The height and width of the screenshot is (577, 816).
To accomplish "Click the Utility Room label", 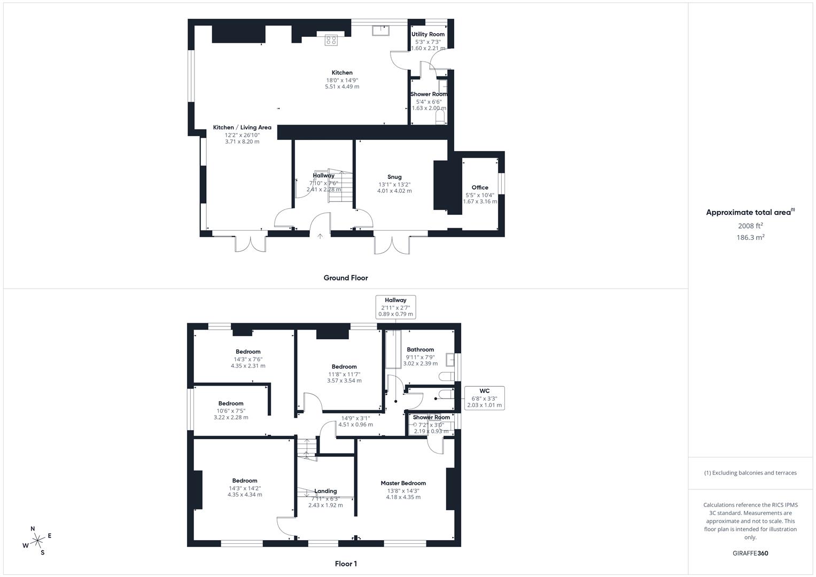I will (x=428, y=34).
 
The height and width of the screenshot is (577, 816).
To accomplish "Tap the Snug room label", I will (x=394, y=177).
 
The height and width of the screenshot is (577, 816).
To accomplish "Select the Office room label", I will (x=480, y=188).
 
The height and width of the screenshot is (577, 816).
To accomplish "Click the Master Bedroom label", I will (x=403, y=483).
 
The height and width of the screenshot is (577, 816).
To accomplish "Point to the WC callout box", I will (x=484, y=398).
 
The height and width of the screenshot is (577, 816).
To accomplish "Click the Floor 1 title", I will (x=346, y=564).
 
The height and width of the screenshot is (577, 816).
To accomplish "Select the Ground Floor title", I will (x=346, y=278).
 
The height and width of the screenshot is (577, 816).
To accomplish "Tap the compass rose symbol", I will (x=37, y=541).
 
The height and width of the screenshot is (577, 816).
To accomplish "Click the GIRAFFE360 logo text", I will (x=750, y=553).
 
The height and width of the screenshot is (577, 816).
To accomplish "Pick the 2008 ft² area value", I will (x=750, y=225).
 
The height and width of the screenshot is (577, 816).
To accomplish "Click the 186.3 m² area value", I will (x=750, y=238).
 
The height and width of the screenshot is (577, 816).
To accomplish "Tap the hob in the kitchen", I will (x=331, y=40).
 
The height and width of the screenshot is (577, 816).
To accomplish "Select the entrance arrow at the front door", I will (x=320, y=235).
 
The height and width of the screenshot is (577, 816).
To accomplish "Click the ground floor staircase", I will (x=340, y=187).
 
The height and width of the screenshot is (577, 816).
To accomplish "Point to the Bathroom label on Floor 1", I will (x=420, y=349).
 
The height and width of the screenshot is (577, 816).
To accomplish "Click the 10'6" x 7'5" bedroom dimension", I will (x=231, y=411).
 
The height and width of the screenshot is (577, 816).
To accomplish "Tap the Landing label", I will (x=325, y=491).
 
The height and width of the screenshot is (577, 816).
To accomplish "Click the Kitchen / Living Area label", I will (x=242, y=128).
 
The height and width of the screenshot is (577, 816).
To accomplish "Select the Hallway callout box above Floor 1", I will (x=395, y=307).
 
